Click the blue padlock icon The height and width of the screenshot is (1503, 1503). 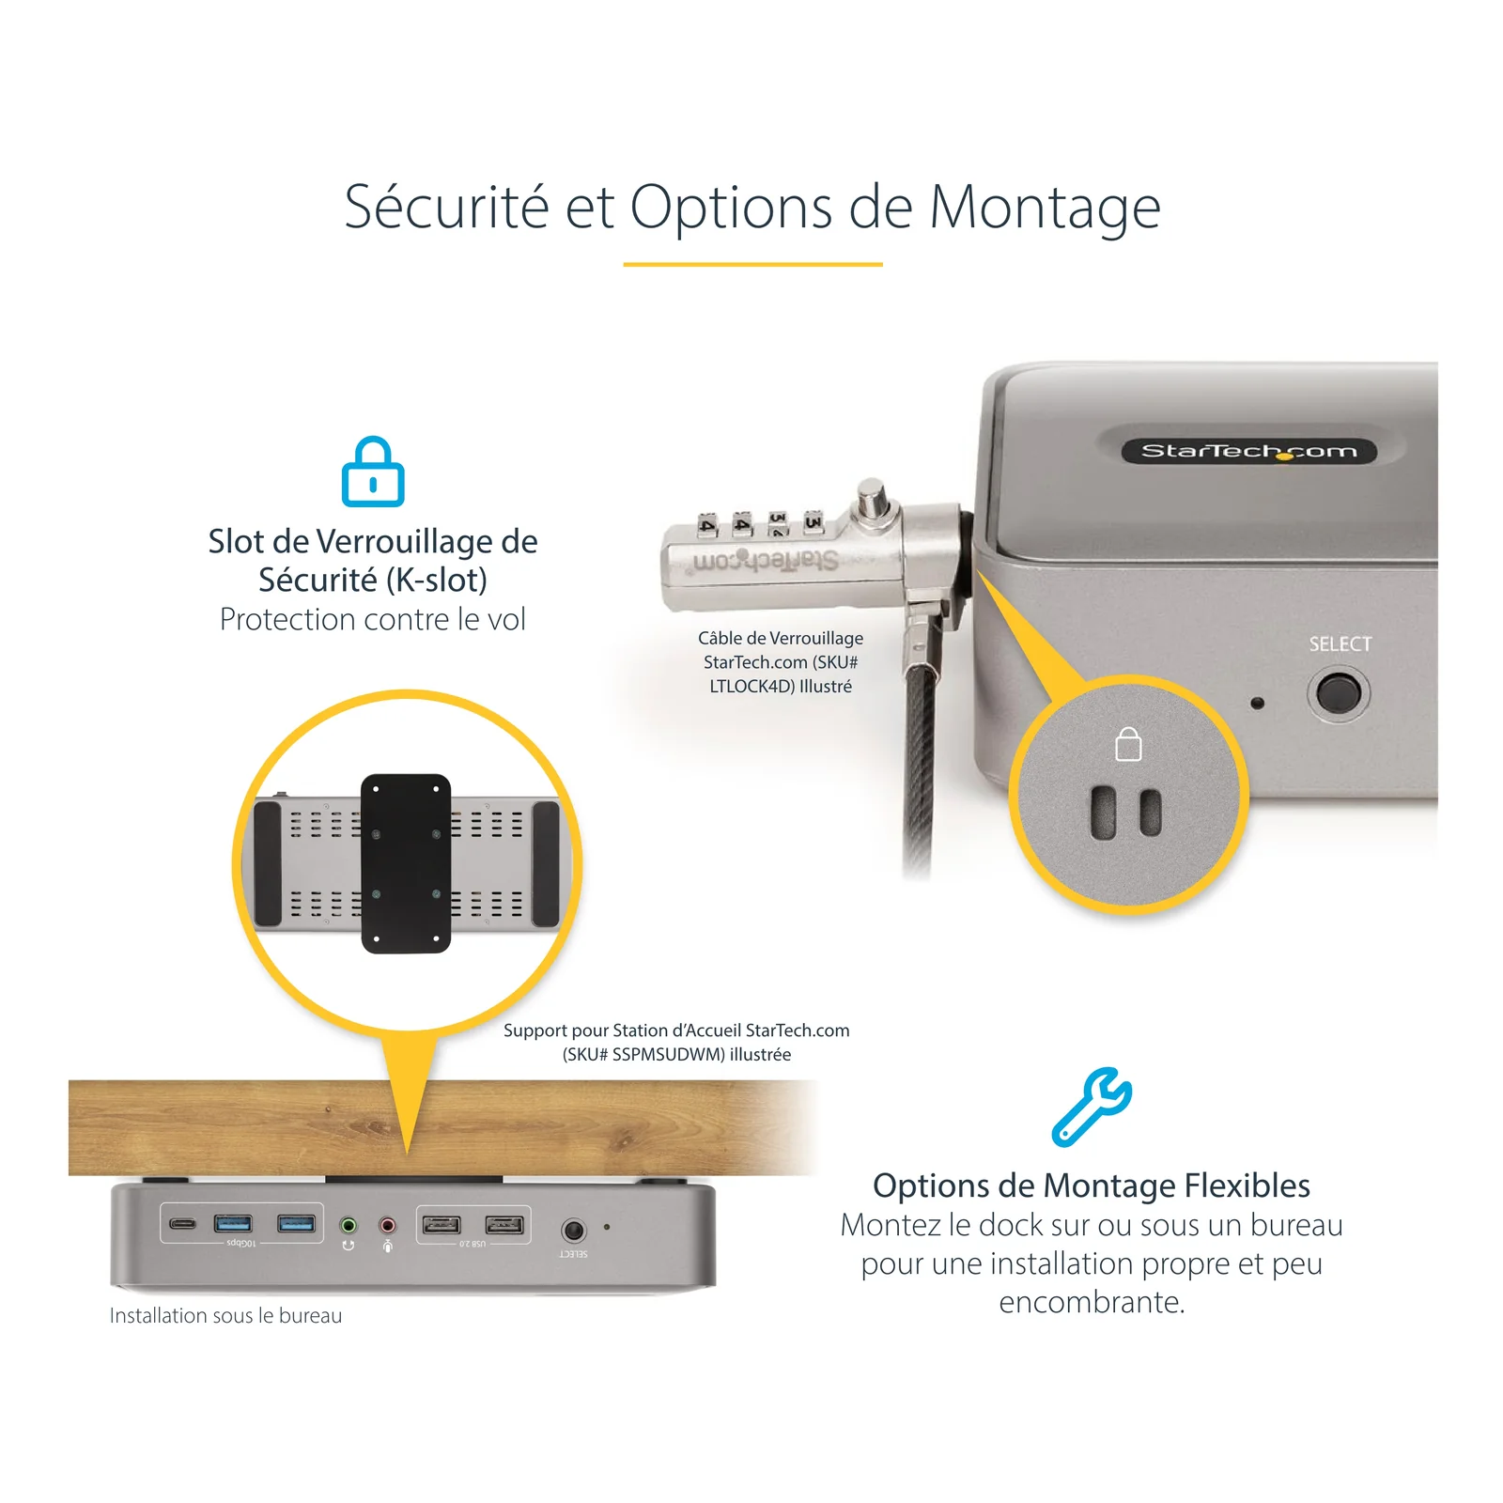(x=373, y=472)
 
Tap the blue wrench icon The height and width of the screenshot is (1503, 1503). (x=1092, y=1107)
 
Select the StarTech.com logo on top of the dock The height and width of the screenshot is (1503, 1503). (x=1249, y=451)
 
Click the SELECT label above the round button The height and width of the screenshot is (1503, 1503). (x=1340, y=644)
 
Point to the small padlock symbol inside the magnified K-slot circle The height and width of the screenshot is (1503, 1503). (x=1128, y=745)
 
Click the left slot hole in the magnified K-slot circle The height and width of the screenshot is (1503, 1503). (x=1103, y=812)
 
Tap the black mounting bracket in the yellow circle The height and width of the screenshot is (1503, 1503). (x=406, y=863)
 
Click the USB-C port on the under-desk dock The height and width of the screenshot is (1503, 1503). (x=183, y=1223)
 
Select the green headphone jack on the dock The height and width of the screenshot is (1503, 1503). (x=349, y=1225)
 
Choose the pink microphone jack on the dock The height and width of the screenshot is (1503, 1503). (x=387, y=1225)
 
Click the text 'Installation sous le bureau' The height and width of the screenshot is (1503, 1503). (x=225, y=1315)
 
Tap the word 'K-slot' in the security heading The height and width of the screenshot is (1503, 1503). (x=441, y=581)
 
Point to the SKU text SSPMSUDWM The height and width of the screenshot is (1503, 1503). (x=669, y=1055)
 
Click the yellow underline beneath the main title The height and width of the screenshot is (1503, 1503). (x=752, y=264)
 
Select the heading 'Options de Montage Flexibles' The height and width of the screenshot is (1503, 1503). (x=1092, y=1185)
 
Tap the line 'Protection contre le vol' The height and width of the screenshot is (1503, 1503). (x=373, y=619)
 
